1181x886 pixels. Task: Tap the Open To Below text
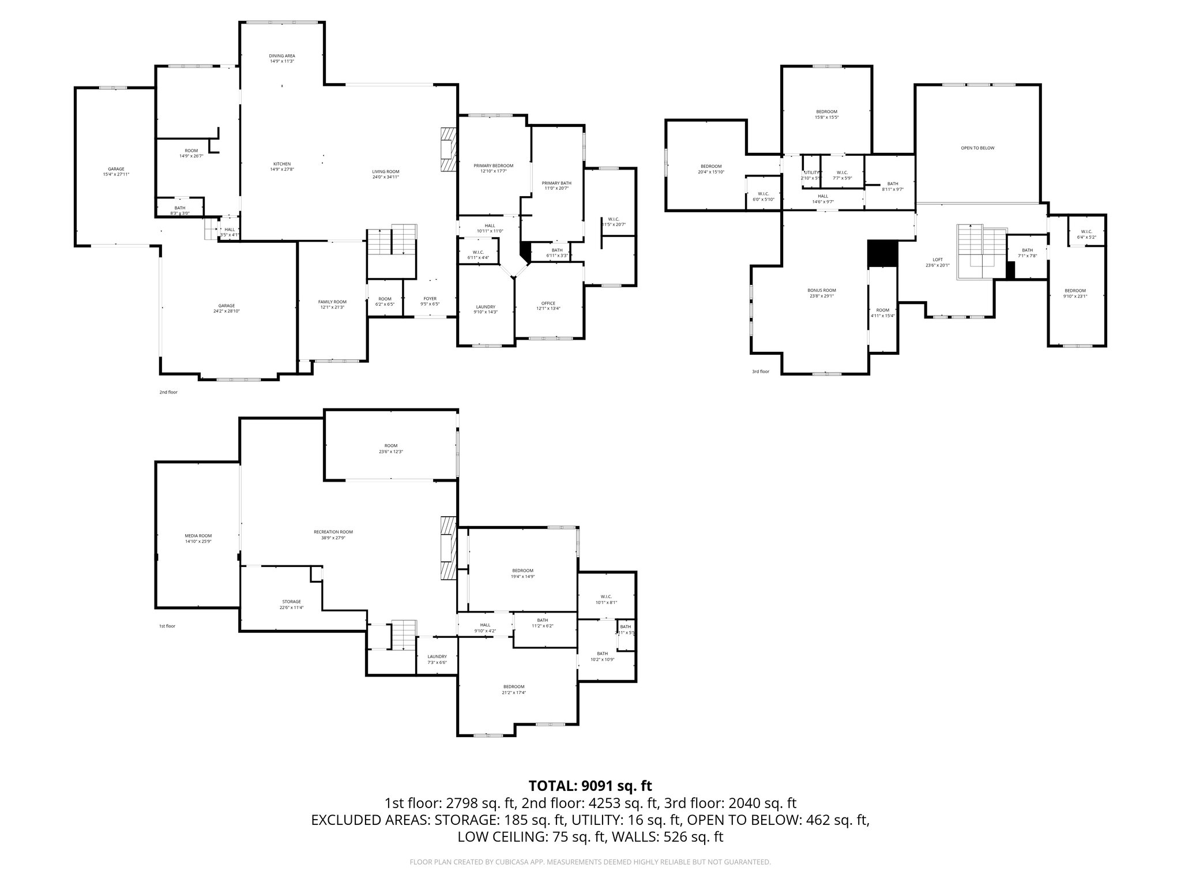click(977, 148)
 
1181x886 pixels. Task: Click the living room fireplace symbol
click(447, 149)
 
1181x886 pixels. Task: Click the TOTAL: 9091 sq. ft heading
click(590, 786)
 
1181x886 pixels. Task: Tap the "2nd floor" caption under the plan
click(168, 392)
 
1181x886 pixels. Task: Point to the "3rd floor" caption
click(760, 371)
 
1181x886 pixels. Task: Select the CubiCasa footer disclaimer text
click(590, 862)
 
